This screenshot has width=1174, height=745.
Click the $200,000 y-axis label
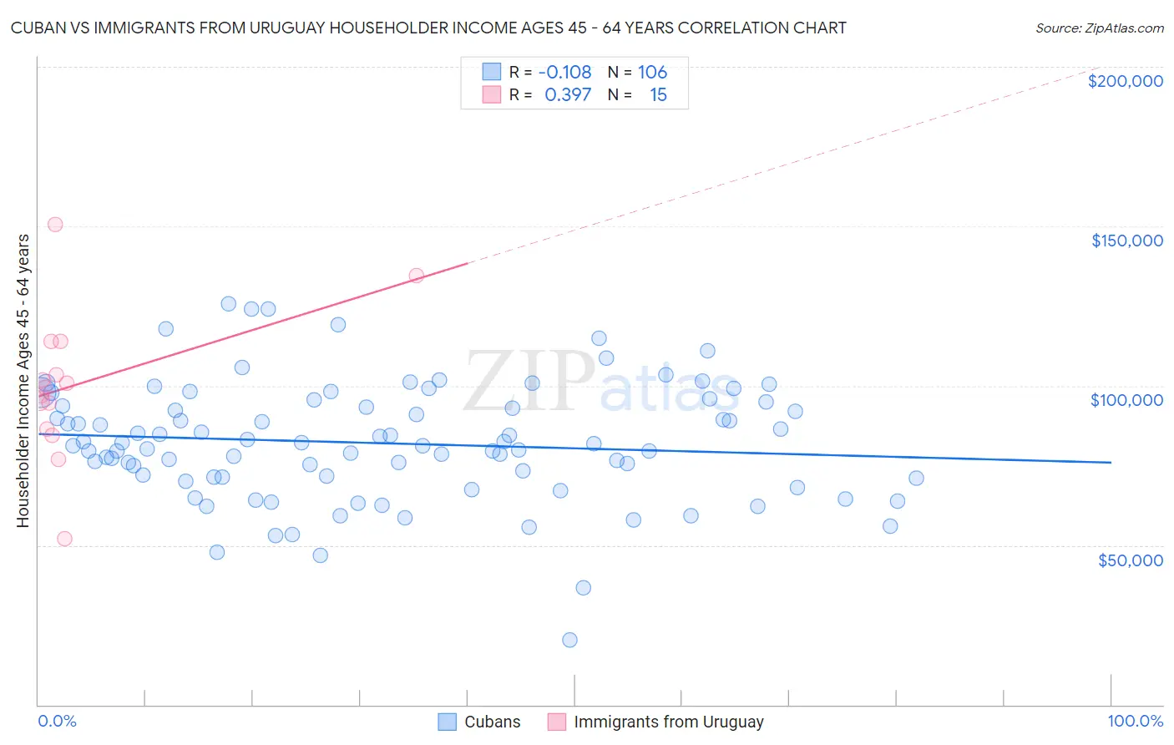(1125, 81)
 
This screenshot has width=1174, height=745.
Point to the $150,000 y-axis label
(1126, 241)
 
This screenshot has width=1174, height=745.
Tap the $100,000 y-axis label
(1126, 400)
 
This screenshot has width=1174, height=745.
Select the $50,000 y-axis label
(1130, 560)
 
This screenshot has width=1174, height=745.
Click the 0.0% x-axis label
(57, 721)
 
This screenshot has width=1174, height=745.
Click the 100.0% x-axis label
(1135, 721)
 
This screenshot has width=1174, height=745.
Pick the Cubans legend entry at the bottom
(480, 722)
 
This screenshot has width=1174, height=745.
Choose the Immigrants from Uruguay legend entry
(656, 722)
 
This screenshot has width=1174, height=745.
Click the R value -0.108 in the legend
(564, 72)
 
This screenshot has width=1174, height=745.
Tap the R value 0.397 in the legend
(568, 94)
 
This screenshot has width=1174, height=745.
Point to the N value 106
(652, 72)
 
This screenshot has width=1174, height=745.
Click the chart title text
(428, 28)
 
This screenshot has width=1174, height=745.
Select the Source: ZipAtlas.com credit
(1099, 28)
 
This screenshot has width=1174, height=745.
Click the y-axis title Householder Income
(23, 381)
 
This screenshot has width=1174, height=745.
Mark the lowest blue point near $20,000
(569, 640)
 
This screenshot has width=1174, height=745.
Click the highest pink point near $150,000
(55, 224)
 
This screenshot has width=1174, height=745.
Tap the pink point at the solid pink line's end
(416, 275)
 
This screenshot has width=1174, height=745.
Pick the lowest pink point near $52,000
(64, 539)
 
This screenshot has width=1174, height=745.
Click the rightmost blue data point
(916, 479)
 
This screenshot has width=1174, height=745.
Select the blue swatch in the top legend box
(492, 72)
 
